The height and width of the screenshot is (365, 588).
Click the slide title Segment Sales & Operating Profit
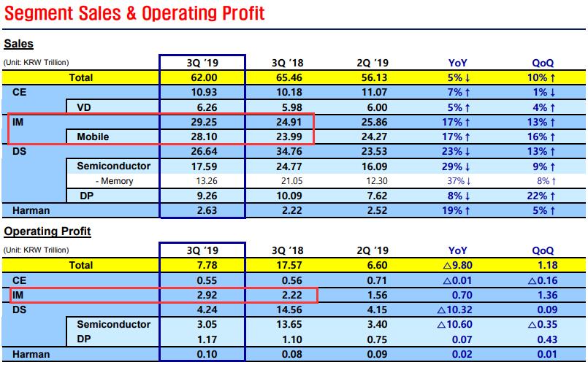133,13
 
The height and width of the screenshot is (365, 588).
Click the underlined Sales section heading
18,45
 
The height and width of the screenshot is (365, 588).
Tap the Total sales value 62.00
202,77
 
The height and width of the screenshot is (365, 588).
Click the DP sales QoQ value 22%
538,196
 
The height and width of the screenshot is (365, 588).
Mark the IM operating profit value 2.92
202,295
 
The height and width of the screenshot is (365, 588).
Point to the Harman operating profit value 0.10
202,354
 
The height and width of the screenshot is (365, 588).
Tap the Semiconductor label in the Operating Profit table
113,324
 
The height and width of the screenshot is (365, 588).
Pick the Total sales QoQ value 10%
538,77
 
